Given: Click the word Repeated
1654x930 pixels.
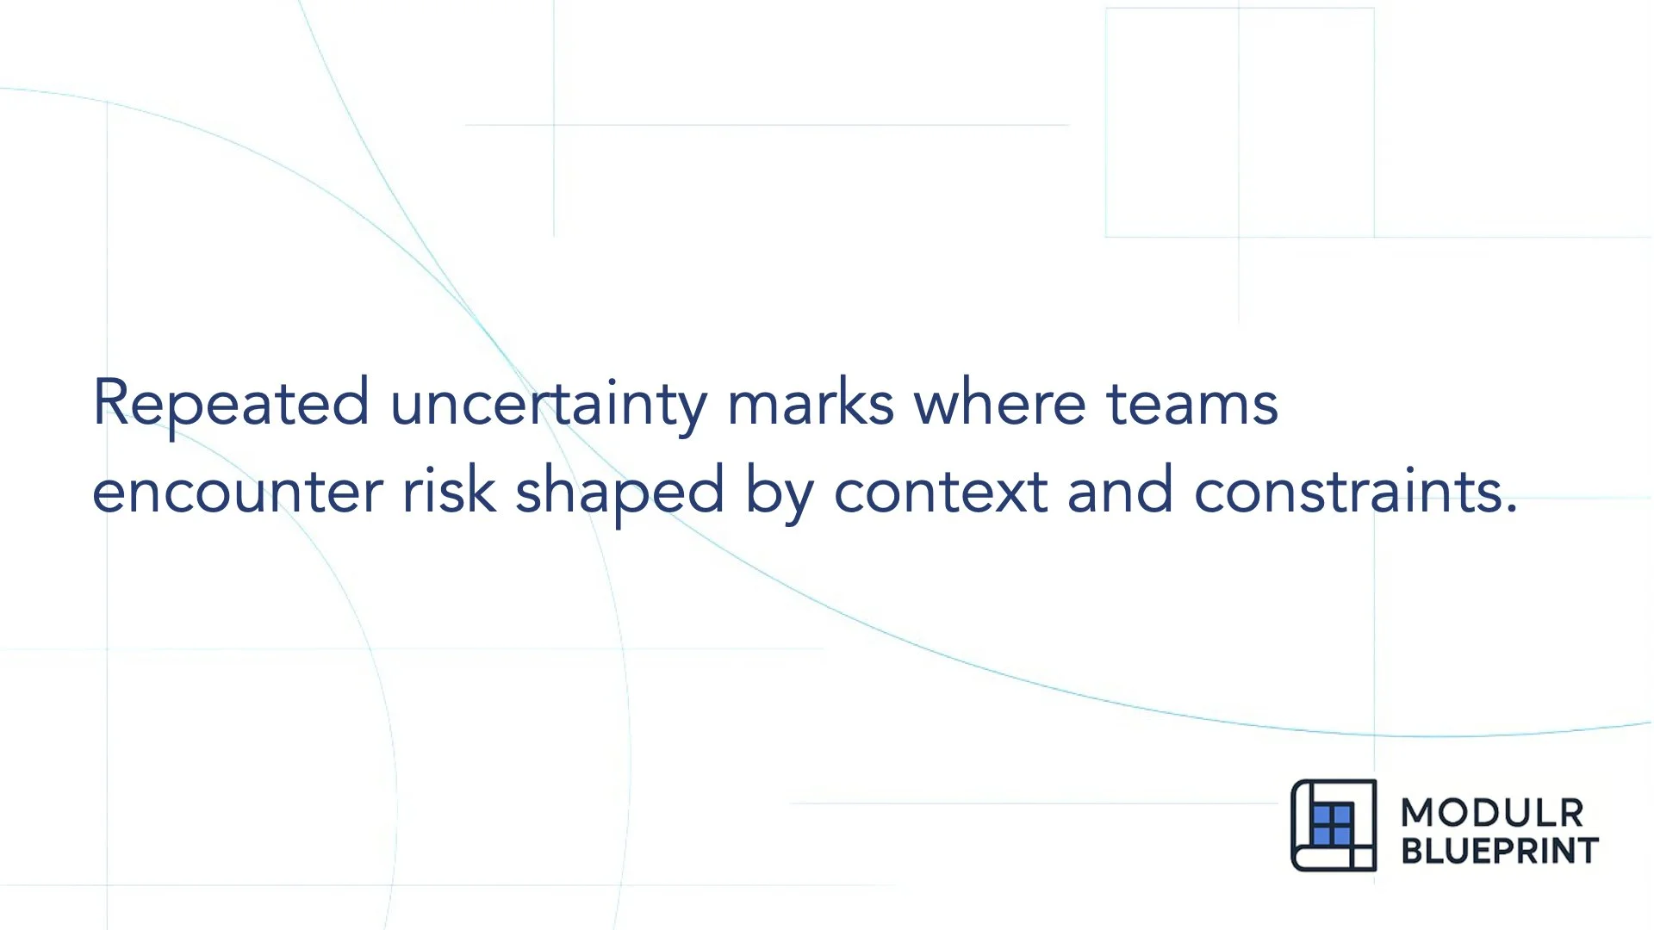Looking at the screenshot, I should pyautogui.click(x=231, y=403).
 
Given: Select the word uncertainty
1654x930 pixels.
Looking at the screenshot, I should pyautogui.click(x=549, y=403).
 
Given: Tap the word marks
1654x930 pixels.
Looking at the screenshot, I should pyautogui.click(x=811, y=403).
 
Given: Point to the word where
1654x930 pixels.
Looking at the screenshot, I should pyautogui.click(x=999, y=403).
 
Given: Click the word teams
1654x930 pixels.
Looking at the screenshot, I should pyautogui.click(x=1191, y=403).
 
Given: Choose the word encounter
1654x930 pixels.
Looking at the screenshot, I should pyautogui.click(x=237, y=492).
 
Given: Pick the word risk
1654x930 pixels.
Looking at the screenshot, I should pyautogui.click(x=449, y=492).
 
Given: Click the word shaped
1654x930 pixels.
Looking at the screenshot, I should pyautogui.click(x=619, y=492).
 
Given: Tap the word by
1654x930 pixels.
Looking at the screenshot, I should pyautogui.click(x=779, y=492).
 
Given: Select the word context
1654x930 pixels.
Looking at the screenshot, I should pyautogui.click(x=940, y=492).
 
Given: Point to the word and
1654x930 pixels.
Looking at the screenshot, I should pyautogui.click(x=1120, y=492).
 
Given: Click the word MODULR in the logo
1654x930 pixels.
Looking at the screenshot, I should pyautogui.click(x=1492, y=813).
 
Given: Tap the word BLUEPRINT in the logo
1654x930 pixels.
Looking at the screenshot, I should pyautogui.click(x=1500, y=851).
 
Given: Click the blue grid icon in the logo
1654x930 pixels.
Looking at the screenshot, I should pyautogui.click(x=1332, y=825).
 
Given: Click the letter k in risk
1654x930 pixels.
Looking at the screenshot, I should pyautogui.click(x=484, y=490).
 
